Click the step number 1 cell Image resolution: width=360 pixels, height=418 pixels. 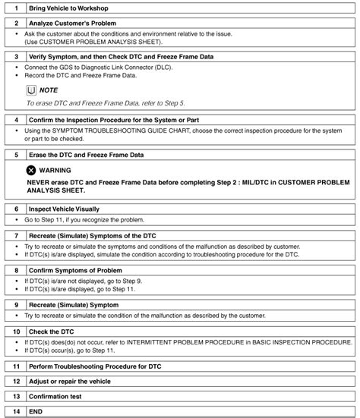point(16,7)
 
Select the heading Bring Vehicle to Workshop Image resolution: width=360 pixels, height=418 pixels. point(68,7)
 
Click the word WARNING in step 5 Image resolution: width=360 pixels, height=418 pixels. point(55,170)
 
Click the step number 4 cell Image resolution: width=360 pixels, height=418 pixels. point(16,120)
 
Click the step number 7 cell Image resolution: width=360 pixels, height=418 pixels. point(16,236)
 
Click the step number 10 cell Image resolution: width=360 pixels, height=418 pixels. point(16,332)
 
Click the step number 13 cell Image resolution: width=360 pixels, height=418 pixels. point(16,396)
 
